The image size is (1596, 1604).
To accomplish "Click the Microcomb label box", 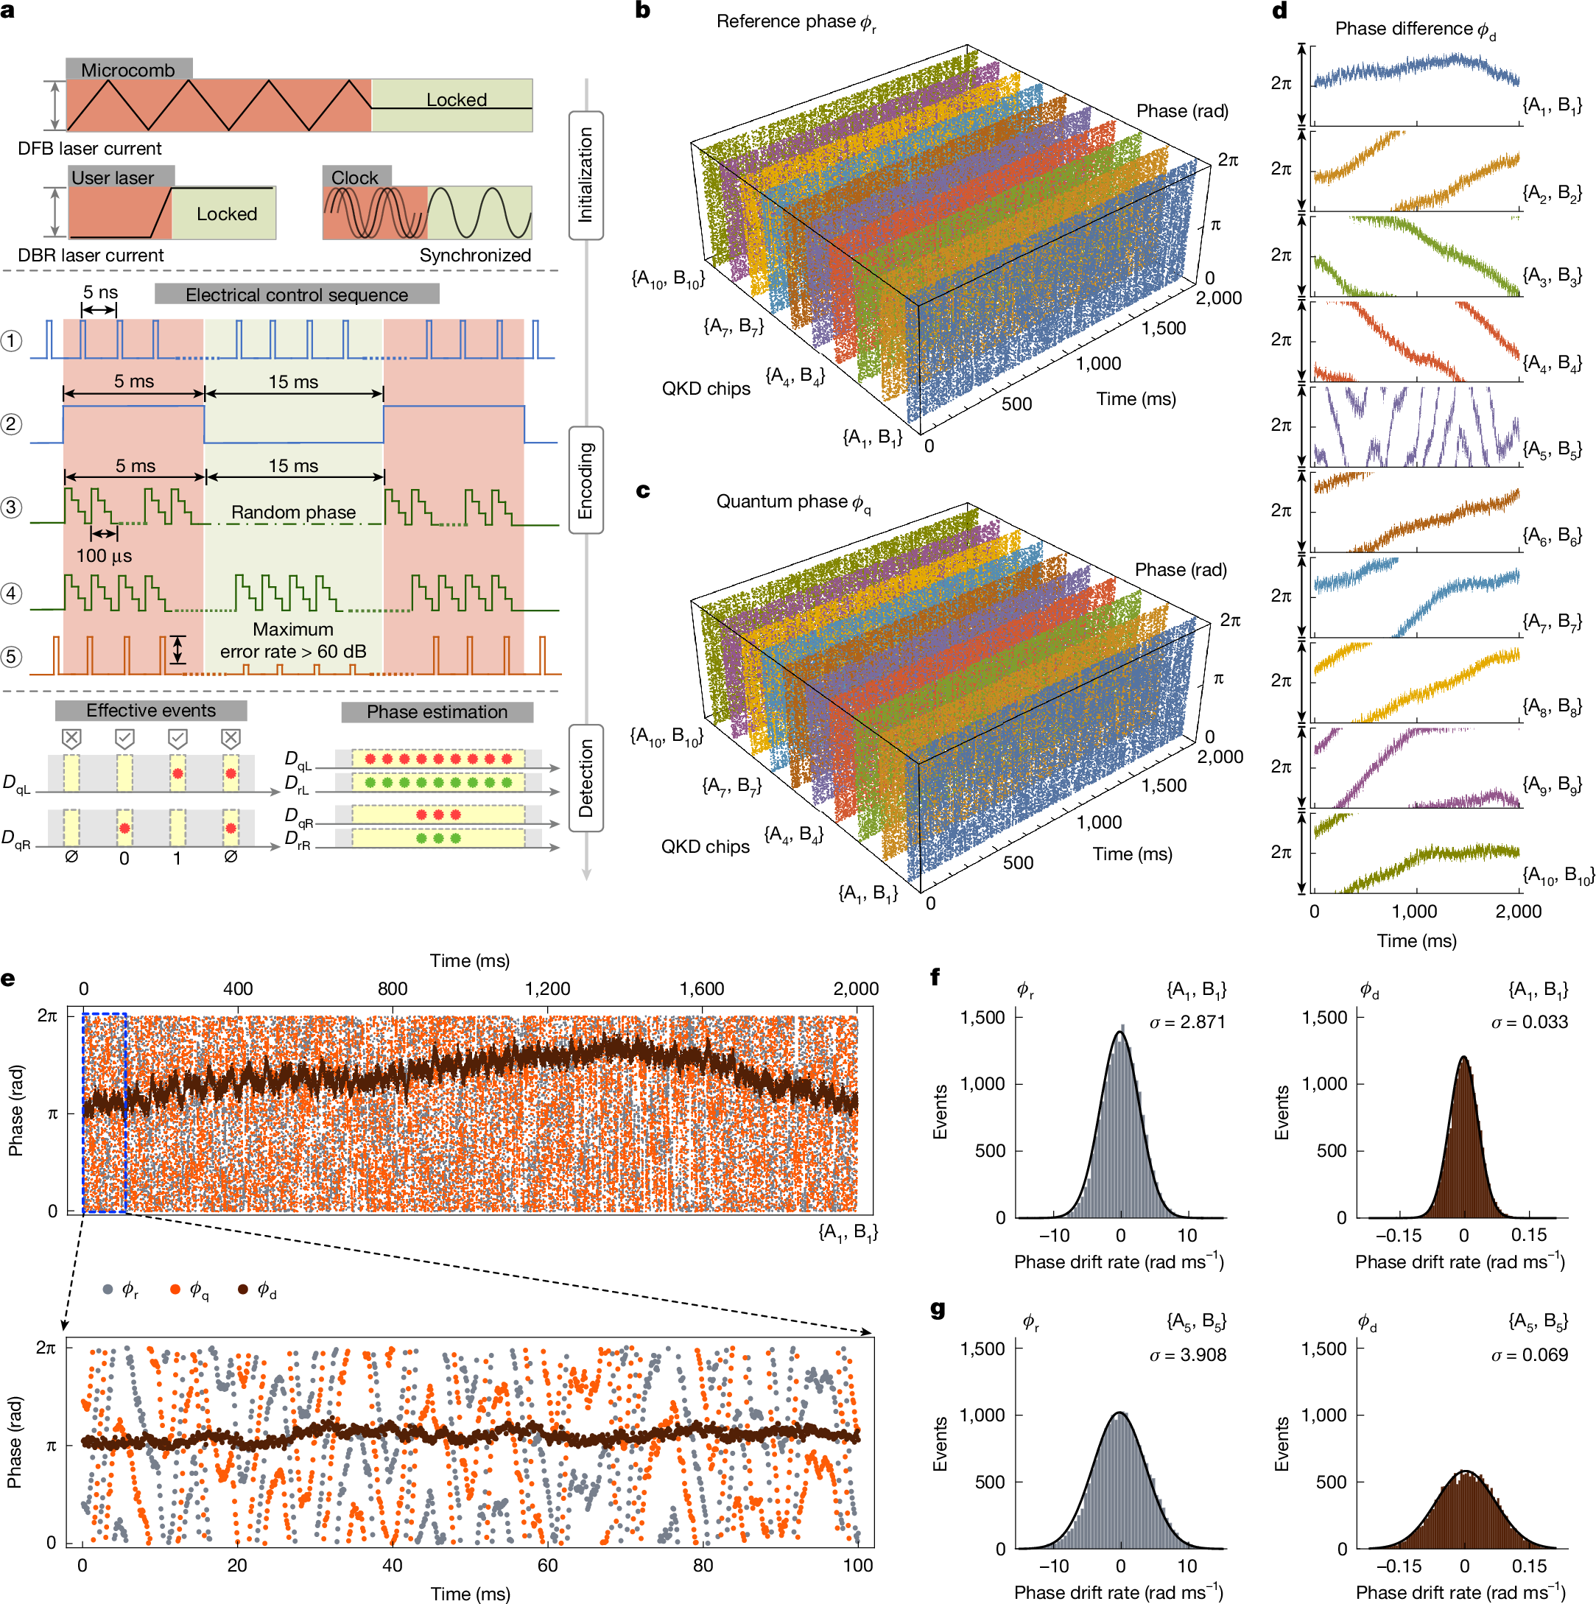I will click(129, 70).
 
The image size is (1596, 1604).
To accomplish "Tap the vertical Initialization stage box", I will click(586, 175).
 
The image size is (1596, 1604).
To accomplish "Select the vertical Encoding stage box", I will click(586, 480).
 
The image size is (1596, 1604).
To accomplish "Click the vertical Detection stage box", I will click(586, 778).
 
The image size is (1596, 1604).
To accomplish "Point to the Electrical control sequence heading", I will click(297, 295).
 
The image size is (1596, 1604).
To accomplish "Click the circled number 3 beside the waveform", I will click(12, 507).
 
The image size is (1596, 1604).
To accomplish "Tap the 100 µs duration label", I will click(104, 555).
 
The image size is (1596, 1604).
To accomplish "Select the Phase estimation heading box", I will click(437, 711).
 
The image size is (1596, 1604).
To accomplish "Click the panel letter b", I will click(643, 10).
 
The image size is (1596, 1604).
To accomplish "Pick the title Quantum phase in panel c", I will click(793, 502).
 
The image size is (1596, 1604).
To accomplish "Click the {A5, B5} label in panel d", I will click(1551, 449).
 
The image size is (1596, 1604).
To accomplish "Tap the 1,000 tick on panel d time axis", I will click(1414, 912).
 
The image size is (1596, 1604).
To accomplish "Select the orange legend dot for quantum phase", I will click(175, 1290).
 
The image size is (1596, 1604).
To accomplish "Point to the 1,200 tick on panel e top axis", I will click(547, 989).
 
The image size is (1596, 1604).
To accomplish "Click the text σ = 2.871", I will click(1187, 1023).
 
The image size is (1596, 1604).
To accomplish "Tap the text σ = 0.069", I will click(1529, 1355).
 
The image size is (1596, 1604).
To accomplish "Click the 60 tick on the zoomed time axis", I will click(547, 1565).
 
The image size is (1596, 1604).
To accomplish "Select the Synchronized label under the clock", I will click(475, 255).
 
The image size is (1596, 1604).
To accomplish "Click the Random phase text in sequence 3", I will click(293, 513).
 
